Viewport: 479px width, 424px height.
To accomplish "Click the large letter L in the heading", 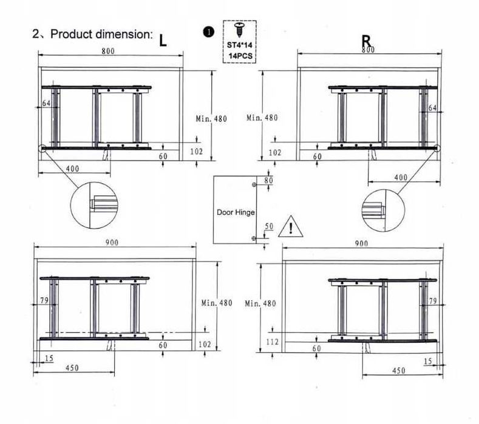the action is [163, 41].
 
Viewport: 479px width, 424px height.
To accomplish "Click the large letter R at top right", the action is [366, 41].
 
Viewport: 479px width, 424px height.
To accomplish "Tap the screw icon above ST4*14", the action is [239, 30].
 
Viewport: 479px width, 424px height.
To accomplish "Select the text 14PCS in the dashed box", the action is [240, 56].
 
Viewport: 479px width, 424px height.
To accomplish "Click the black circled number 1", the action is [209, 32].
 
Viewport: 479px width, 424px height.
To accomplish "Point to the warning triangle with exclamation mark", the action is [291, 226].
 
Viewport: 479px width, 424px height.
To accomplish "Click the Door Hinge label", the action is [236, 212].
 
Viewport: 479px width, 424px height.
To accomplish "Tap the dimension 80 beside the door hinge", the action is [268, 180].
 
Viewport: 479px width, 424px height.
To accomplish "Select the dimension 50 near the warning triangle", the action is [269, 226].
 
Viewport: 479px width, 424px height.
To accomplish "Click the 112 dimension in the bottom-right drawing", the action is [272, 342].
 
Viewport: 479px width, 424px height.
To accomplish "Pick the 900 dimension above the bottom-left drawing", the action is [112, 243].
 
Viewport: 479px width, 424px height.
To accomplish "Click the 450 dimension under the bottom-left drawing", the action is [72, 368].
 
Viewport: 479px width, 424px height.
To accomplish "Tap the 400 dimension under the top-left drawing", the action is [72, 169].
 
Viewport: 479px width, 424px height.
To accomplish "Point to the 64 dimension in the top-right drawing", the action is [433, 108].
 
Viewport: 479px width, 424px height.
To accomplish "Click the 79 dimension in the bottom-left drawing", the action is [44, 300].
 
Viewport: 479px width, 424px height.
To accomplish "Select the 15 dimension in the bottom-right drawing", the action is [428, 362].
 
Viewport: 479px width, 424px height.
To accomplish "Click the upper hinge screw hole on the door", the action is [254, 184].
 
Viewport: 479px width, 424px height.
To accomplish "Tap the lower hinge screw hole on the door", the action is [253, 238].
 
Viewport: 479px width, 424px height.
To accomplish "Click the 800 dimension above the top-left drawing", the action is [108, 51].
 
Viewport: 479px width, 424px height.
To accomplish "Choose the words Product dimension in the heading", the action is [101, 34].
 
